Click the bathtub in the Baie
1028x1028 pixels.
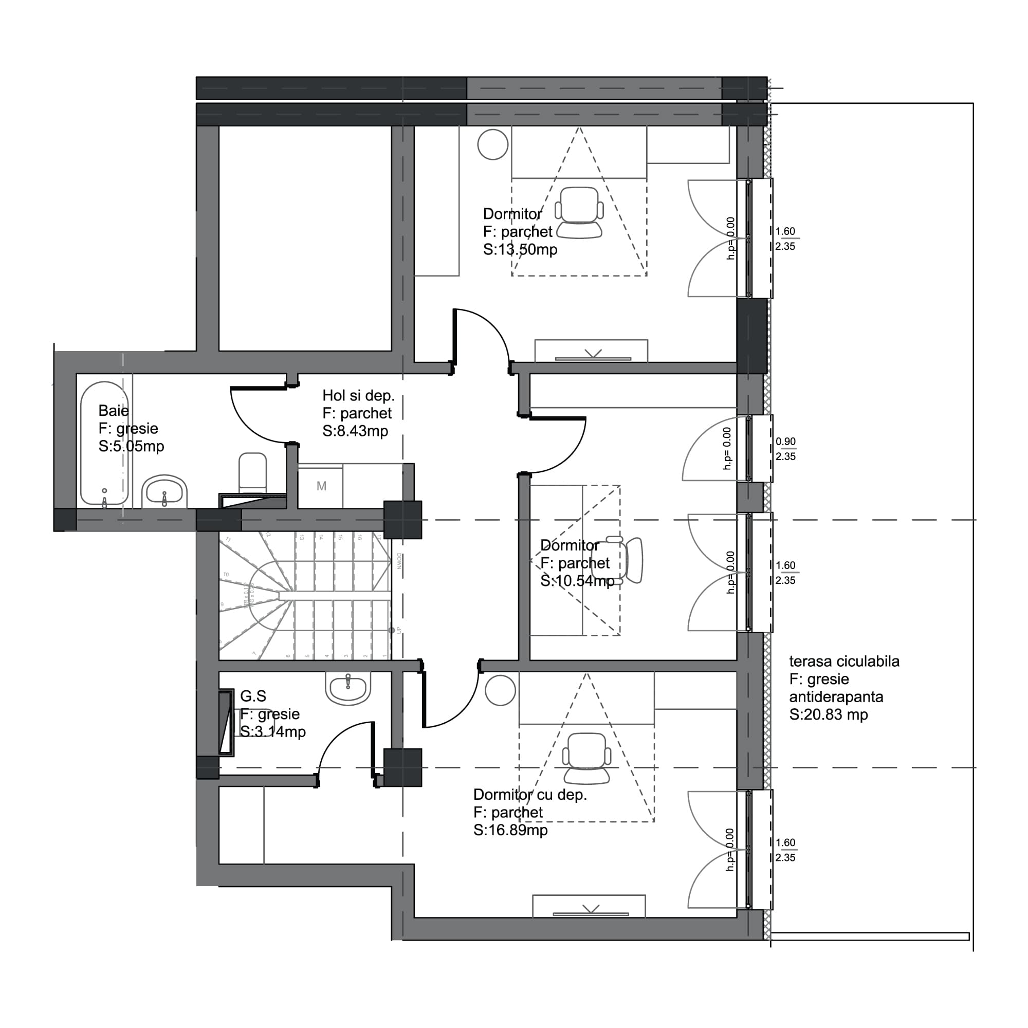click(104, 443)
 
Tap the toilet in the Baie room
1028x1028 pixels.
click(252, 472)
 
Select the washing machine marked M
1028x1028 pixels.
click(321, 486)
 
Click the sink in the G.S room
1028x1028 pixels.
click(348, 689)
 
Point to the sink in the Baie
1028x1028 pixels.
click(164, 492)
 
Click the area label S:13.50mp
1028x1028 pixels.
click(520, 250)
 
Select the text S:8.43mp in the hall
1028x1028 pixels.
click(355, 431)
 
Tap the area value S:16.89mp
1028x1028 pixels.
click(510, 830)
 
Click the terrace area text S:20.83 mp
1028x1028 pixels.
click(828, 714)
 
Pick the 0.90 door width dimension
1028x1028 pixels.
click(785, 442)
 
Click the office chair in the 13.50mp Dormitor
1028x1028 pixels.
click(579, 212)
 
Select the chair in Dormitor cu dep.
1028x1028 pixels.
click(586, 758)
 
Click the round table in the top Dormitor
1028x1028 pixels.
click(493, 144)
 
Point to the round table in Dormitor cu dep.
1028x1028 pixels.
click(500, 690)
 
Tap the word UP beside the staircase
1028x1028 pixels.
click(398, 631)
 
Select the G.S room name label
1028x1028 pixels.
click(253, 696)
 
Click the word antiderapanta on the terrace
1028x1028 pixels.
click(835, 697)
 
